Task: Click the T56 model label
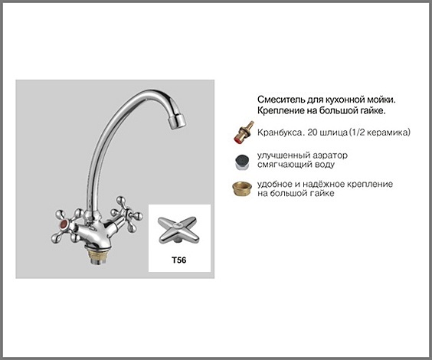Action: pos(178,260)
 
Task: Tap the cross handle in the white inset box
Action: pos(178,231)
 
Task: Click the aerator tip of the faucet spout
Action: pos(176,122)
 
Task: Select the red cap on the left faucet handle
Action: pos(64,224)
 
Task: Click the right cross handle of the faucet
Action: pos(126,213)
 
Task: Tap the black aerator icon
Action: pos(242,162)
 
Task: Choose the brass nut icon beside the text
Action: pos(242,188)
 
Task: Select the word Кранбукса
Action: pos(281,133)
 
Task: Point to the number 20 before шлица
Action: pos(313,133)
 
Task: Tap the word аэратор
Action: pos(330,155)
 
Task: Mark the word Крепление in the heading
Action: pos(280,111)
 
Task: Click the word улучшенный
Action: pos(283,155)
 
